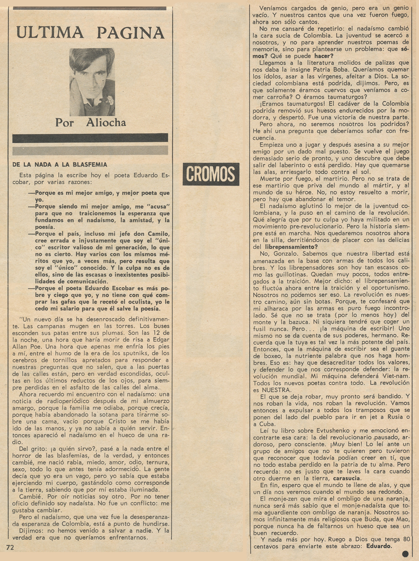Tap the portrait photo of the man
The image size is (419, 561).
92,82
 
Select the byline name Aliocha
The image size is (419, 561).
106,122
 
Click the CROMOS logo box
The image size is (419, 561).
211,174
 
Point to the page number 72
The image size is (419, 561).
10,547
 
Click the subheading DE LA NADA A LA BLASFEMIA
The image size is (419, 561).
60,164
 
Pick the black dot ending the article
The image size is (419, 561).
406,553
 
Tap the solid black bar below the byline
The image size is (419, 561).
90,138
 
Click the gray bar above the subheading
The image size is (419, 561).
90,150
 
